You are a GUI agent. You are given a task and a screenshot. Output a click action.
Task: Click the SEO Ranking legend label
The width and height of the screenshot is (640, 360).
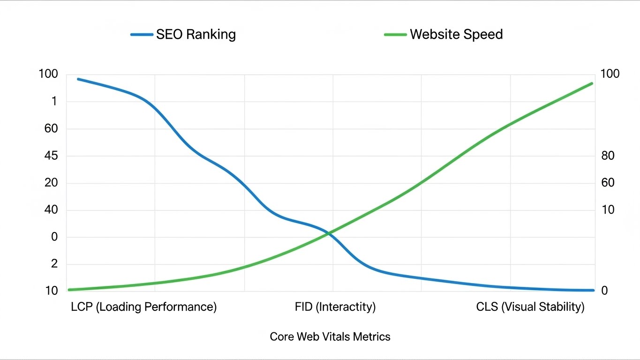[x=196, y=34]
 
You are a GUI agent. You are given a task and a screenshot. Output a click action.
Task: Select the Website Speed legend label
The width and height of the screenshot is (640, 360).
[x=456, y=34]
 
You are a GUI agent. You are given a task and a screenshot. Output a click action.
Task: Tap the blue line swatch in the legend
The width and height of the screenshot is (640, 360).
[x=142, y=34]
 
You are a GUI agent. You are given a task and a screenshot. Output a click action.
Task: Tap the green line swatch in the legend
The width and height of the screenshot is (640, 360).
[x=395, y=34]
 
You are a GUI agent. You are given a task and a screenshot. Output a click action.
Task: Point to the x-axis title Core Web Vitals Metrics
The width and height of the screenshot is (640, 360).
[x=330, y=337]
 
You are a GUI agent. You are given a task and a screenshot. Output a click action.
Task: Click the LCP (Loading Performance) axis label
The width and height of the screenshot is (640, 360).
[x=143, y=307]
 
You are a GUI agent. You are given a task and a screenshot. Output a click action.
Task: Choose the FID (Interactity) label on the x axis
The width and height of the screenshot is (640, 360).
[x=335, y=307]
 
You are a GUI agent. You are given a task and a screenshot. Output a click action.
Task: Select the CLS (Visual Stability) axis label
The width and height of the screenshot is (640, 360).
[x=530, y=307]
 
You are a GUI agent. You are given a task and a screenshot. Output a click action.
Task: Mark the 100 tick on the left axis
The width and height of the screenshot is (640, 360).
[x=49, y=74]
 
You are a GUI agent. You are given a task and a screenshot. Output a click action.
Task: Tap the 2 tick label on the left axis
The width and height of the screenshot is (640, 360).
[x=54, y=264]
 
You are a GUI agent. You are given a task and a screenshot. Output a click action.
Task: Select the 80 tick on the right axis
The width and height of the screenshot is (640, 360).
[x=608, y=156]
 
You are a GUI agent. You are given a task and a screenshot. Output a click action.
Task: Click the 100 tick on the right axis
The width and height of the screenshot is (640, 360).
[x=610, y=74]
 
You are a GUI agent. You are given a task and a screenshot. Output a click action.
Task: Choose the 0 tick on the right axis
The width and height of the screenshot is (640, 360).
[x=604, y=291]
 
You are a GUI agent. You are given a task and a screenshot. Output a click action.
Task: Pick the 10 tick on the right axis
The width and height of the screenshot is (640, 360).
[x=608, y=210]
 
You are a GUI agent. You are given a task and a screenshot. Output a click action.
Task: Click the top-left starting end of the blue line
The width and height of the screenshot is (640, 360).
[x=78, y=79]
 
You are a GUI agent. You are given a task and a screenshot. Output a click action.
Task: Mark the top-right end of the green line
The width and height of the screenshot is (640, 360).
[x=592, y=83]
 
